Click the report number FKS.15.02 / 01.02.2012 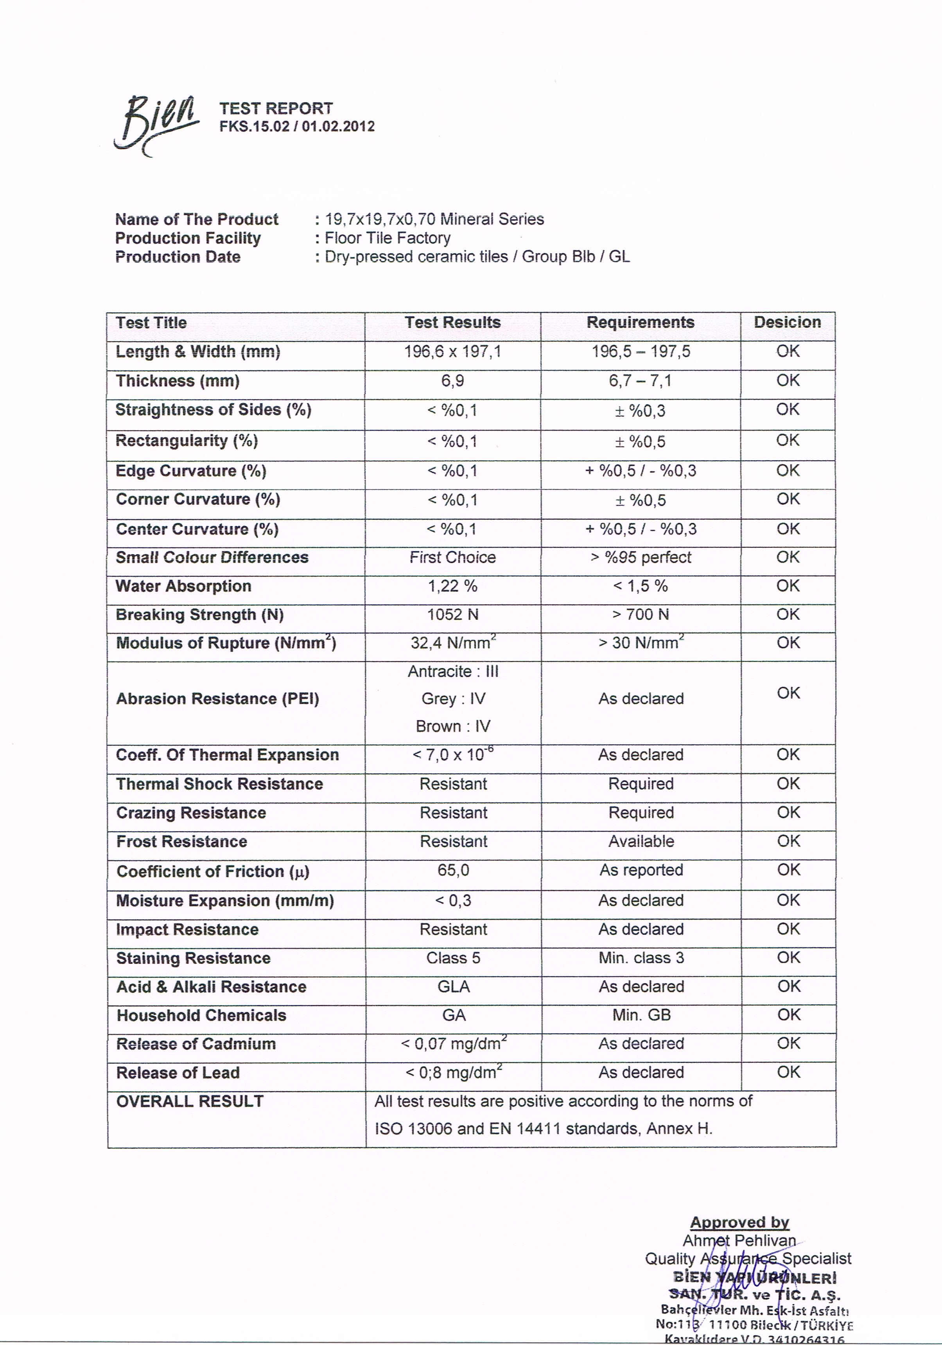tap(297, 126)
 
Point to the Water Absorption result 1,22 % tap(452, 586)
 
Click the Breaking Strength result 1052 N tap(452, 614)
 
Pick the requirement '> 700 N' tap(641, 614)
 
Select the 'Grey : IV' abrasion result tap(453, 699)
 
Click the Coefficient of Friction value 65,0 tap(453, 870)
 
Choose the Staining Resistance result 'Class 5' tap(453, 958)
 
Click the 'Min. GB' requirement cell tap(641, 1015)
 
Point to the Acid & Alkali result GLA tap(453, 987)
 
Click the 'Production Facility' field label tap(188, 238)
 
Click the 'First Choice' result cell tap(452, 557)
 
